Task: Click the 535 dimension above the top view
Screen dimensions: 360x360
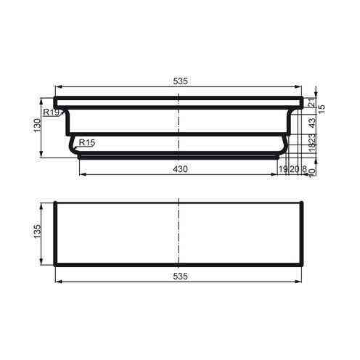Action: click(181, 82)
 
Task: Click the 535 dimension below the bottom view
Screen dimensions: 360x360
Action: click(181, 277)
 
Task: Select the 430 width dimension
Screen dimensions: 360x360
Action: click(181, 169)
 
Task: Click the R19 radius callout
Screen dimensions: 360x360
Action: click(52, 112)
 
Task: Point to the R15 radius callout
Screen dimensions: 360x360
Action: click(86, 143)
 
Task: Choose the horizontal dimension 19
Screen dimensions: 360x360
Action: click(284, 169)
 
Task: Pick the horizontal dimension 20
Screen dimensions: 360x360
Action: click(294, 169)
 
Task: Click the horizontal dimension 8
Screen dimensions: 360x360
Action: click(303, 169)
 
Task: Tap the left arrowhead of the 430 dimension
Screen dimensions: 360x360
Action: click(81, 174)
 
